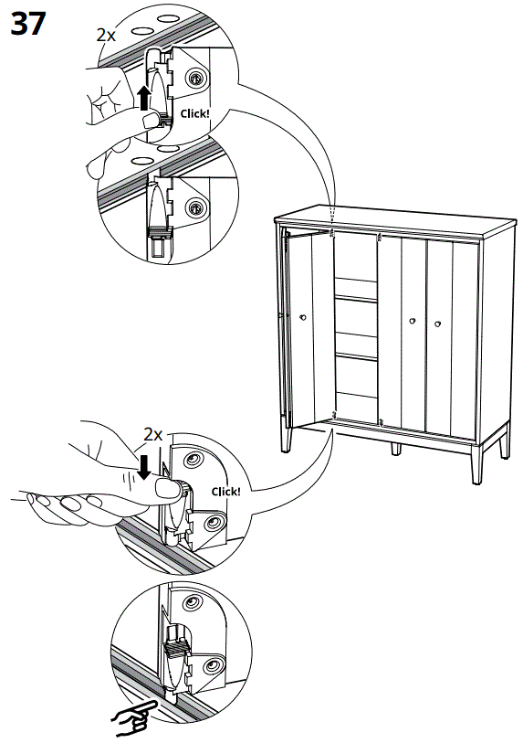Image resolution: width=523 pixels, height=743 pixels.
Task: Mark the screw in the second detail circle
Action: pos(194,208)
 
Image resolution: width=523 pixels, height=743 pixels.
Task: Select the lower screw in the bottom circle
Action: pos(212,664)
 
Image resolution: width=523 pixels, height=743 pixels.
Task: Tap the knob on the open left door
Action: pos(302,317)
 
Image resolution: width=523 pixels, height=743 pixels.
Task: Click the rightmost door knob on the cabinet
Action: pos(436,322)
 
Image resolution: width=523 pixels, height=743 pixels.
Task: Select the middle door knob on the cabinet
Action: pos(413,321)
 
